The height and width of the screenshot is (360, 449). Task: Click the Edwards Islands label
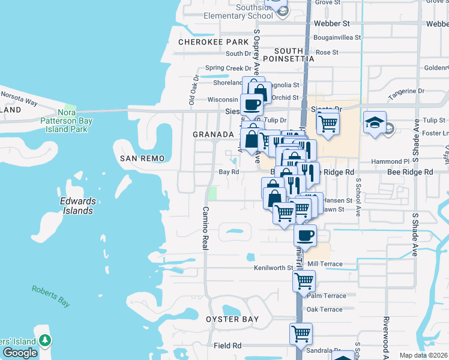[77, 206]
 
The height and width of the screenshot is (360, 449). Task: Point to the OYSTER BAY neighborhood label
[233, 319]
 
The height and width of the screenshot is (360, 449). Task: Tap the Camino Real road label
[205, 229]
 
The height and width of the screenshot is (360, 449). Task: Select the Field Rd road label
[227, 346]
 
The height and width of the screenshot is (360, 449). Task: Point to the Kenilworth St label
[273, 268]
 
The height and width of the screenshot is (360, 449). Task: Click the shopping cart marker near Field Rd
[301, 333]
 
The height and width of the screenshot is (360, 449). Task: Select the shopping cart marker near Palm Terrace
[304, 280]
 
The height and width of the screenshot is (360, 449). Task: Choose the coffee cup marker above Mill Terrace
[306, 235]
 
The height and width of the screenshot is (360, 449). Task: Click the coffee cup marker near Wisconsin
[252, 105]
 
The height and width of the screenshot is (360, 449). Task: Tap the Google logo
[20, 353]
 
